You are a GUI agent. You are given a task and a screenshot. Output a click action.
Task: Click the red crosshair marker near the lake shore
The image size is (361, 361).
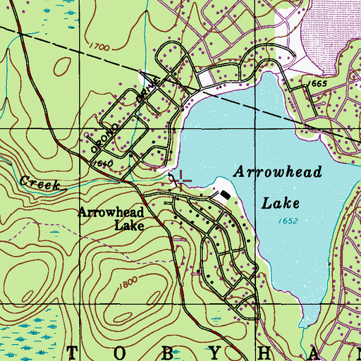[x=181, y=181]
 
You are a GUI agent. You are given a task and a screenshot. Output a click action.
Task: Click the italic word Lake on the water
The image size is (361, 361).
[x=281, y=204]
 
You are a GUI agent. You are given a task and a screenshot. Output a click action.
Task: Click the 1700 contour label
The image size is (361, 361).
[x=102, y=48]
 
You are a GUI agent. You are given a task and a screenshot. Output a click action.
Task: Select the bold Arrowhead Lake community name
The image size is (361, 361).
[x=111, y=219]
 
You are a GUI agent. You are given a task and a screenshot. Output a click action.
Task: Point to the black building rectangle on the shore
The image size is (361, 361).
[x=225, y=194]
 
